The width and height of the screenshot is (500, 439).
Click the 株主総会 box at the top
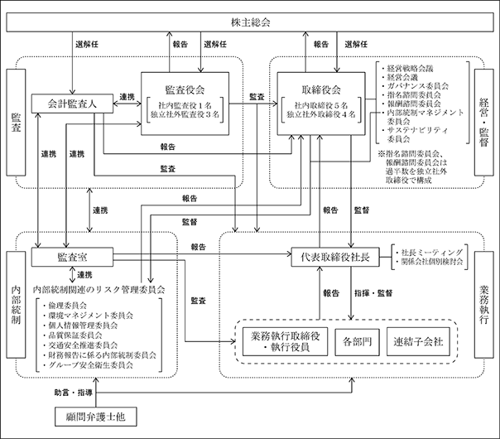pos(250,22)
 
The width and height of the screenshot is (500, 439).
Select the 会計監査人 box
pos(72,104)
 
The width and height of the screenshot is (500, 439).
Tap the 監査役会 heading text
pos(185,89)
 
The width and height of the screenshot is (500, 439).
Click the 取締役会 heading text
pos(321,89)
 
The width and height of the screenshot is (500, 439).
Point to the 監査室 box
pos(72,257)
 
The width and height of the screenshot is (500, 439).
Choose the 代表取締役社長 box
pos(335,257)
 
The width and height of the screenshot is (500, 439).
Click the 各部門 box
pos(357,342)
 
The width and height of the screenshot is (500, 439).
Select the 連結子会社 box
pos(418,342)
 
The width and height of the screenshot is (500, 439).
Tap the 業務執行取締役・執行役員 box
pos(285,342)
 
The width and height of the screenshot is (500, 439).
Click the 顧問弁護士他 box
pos(96,417)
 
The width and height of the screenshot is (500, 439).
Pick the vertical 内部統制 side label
pos(16,305)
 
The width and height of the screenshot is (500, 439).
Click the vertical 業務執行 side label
pos(484,305)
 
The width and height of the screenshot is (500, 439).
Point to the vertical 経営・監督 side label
pos(484,123)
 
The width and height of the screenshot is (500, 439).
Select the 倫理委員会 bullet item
pos(65,306)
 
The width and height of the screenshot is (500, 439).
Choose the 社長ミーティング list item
pos(429,253)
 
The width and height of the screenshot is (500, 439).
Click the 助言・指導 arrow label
pos(74,393)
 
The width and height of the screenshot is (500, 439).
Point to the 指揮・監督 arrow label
pos(373,293)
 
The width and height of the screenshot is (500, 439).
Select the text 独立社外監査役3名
pos(185,114)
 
